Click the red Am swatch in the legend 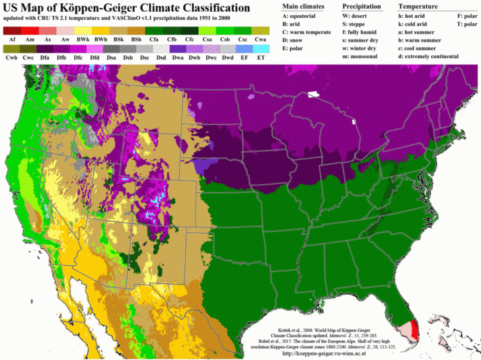(30, 30)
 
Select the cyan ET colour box (261, 49)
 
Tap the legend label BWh (101, 40)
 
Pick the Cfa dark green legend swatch (154, 30)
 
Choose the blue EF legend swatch (243, 49)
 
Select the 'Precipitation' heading (361, 5)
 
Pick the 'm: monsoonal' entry (364, 57)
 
